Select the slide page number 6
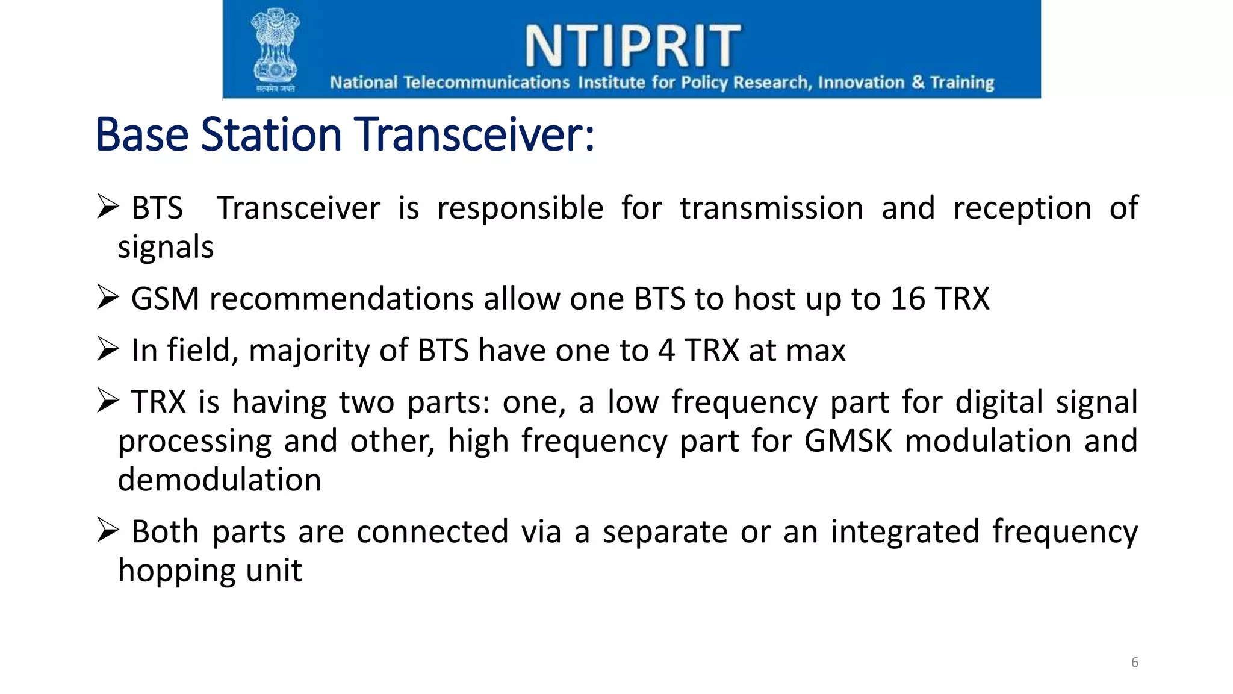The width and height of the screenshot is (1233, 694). [1134, 662]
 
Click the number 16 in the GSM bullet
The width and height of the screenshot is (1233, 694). [908, 299]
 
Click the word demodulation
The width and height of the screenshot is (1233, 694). [219, 480]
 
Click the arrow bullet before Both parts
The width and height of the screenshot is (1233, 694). [108, 530]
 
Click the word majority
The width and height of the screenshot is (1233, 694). [309, 351]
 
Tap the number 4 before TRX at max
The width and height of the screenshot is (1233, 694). [666, 351]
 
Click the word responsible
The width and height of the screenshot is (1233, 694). [520, 208]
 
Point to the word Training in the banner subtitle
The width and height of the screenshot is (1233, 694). [962, 83]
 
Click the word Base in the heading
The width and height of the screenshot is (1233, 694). [143, 134]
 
